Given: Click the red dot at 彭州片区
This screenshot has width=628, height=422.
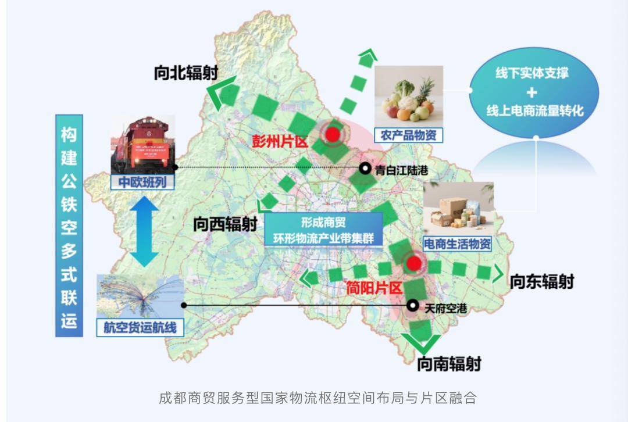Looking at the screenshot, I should (332, 134).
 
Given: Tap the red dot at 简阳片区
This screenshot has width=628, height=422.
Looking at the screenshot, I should (413, 264).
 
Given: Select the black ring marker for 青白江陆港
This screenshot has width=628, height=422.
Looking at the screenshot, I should (365, 169).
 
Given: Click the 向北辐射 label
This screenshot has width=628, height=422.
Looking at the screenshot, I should (186, 73).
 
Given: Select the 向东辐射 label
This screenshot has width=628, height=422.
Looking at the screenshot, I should (541, 282).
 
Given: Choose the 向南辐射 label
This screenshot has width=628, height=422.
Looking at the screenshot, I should (449, 364).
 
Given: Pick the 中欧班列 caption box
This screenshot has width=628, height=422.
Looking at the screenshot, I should (143, 182).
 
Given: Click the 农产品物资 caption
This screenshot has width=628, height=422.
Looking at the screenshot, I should (408, 135).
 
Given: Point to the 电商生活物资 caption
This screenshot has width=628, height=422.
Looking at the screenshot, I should (458, 244).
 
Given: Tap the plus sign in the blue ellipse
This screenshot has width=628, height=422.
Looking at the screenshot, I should (532, 92).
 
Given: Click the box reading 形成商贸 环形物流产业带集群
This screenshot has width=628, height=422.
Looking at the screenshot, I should (323, 230).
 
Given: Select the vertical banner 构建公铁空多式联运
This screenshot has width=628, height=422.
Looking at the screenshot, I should (69, 226).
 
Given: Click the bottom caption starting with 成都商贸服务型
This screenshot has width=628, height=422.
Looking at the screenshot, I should (317, 398).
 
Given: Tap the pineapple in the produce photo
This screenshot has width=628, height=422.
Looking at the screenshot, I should (426, 91).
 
